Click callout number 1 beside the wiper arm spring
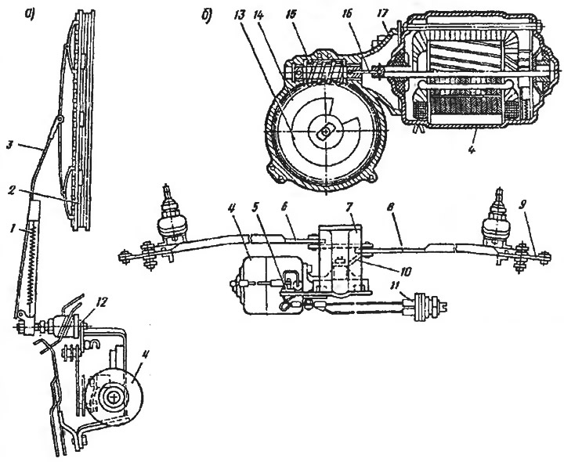[x=13, y=229]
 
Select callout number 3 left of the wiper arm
[x=11, y=146]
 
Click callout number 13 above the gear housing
[x=240, y=16]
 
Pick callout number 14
[x=258, y=16]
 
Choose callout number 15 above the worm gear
[x=296, y=16]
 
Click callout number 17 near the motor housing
[x=382, y=13]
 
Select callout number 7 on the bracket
[x=352, y=210]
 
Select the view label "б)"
[x=208, y=16]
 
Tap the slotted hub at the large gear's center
[x=326, y=132]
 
